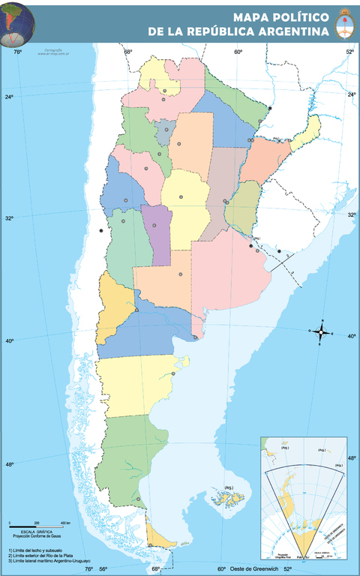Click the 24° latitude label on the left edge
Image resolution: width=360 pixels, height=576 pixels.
click(x=9, y=97)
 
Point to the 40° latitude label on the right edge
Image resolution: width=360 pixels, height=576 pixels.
click(x=352, y=336)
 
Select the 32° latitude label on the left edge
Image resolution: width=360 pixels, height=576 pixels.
click(x=9, y=218)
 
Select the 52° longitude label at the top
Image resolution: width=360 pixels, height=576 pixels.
click(x=349, y=52)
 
